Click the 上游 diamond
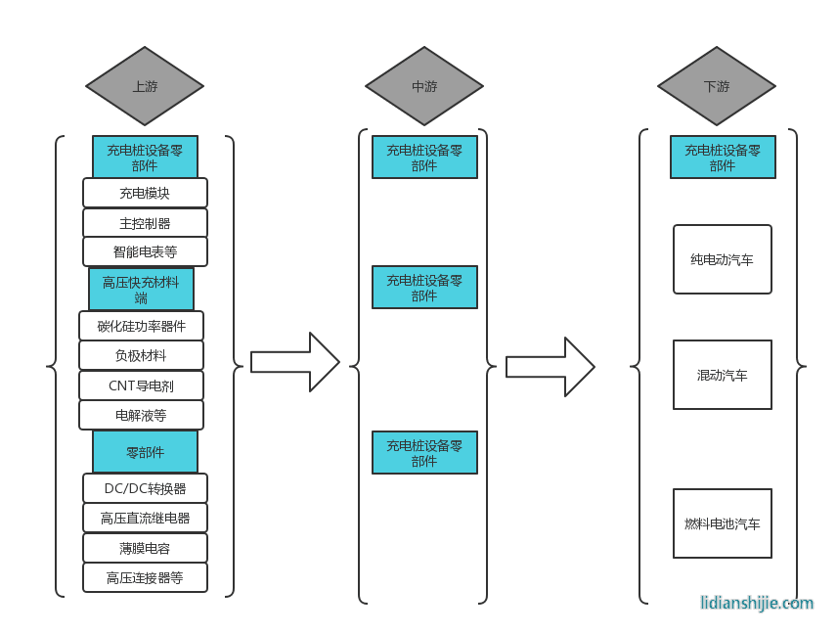click(145, 86)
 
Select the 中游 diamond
click(424, 86)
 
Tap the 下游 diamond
click(717, 86)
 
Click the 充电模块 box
click(145, 193)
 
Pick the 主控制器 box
click(145, 223)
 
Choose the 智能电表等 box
click(145, 251)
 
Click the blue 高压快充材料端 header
click(141, 290)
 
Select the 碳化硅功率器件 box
click(141, 326)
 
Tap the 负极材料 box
click(141, 355)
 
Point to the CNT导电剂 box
click(141, 386)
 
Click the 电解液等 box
click(141, 415)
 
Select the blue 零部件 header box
click(145, 452)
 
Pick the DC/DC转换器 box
click(145, 488)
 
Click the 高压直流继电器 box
click(145, 518)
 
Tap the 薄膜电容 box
click(145, 548)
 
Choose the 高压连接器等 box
click(145, 577)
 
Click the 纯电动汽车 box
click(723, 259)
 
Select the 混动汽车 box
click(723, 375)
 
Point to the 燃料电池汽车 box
click(723, 523)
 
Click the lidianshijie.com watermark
click(757, 603)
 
